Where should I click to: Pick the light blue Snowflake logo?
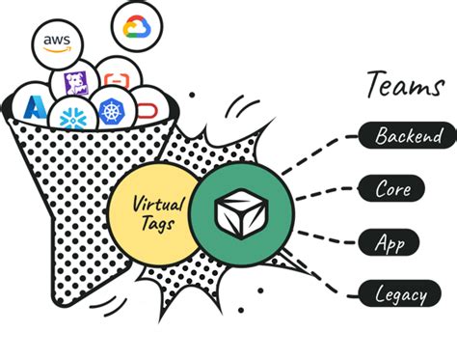pos(70,117)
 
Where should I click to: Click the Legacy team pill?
pos(402,292)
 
